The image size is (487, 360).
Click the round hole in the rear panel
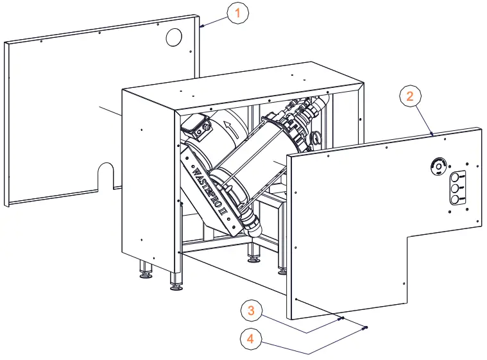point(174,38)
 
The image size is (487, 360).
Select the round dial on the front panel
point(438,167)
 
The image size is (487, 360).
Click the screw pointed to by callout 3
point(341,318)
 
